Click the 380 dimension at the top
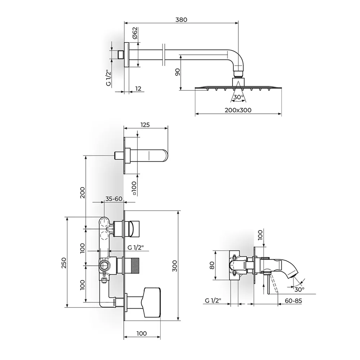pyautogui.click(x=181, y=20)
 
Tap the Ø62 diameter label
pyautogui.click(x=135, y=33)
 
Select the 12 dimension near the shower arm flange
pyautogui.click(x=138, y=89)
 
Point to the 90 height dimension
pyautogui.click(x=177, y=72)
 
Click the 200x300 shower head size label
pyautogui.click(x=238, y=110)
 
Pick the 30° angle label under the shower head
pyautogui.click(x=239, y=97)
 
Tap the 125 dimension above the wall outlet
pyautogui.click(x=145, y=125)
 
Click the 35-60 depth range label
pyautogui.click(x=114, y=199)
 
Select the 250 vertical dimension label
pyautogui.click(x=64, y=263)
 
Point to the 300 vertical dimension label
pyautogui.click(x=175, y=266)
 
